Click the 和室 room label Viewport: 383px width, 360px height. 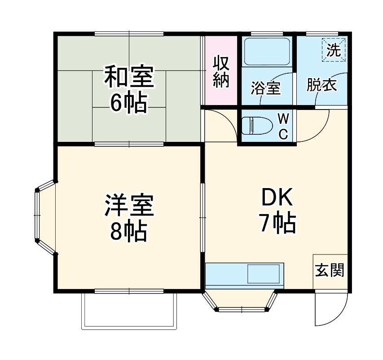[x=129, y=77]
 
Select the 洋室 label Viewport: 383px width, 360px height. [x=129, y=206]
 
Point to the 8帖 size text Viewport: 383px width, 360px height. [x=129, y=232]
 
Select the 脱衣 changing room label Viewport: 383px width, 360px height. [x=321, y=85]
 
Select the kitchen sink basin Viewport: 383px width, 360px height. [x=265, y=274]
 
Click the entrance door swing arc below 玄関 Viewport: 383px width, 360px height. [x=330, y=310]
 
